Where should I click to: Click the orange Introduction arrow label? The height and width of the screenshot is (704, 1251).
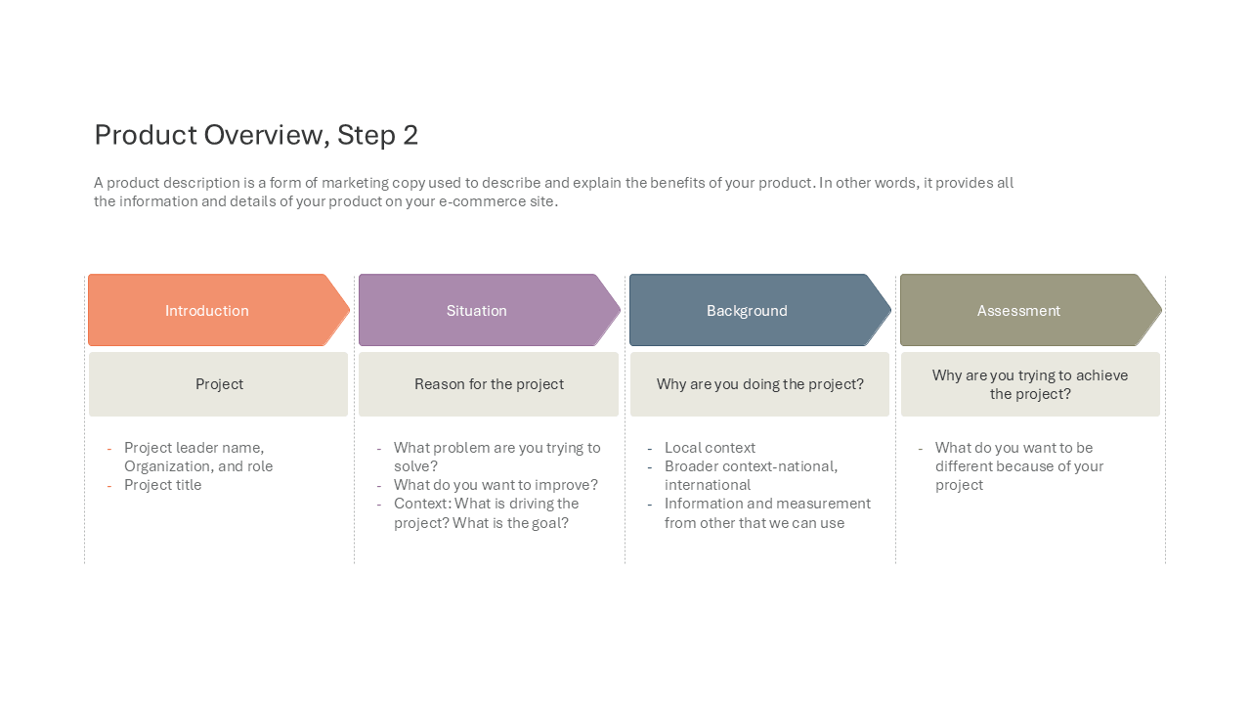(x=206, y=311)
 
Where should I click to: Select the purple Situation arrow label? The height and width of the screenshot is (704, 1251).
(x=476, y=311)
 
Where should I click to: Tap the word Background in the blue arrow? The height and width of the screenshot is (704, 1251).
(x=747, y=311)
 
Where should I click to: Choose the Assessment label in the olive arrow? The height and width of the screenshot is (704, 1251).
(x=1018, y=311)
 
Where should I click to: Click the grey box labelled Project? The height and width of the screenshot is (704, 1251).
(x=218, y=384)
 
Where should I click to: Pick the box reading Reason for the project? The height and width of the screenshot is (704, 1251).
(x=489, y=384)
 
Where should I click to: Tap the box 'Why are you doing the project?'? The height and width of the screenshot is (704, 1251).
(x=759, y=384)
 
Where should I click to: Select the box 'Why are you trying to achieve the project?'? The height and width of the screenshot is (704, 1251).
(x=1030, y=384)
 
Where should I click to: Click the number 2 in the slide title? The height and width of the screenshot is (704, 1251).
(x=410, y=135)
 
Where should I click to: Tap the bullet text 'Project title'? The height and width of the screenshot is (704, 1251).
(x=162, y=485)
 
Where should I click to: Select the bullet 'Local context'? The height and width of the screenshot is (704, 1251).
(x=710, y=448)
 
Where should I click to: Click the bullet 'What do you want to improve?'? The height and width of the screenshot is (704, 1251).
(x=496, y=485)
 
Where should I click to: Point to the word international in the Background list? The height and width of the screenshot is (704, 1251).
(x=708, y=485)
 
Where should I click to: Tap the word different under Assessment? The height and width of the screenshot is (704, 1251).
(x=968, y=466)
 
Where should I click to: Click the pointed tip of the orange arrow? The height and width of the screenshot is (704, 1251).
(x=350, y=310)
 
